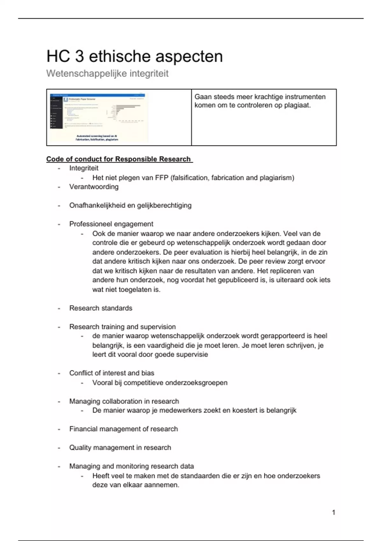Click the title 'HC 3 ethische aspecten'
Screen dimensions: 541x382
click(x=134, y=56)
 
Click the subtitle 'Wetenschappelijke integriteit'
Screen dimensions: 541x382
click(x=107, y=74)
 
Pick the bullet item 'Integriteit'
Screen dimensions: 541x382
click(x=84, y=168)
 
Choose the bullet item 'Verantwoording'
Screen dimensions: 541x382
click(x=94, y=187)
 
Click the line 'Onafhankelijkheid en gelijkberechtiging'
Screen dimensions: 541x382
click(x=130, y=206)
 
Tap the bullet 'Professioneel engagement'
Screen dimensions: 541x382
click(x=111, y=224)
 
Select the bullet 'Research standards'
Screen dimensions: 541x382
click(x=101, y=308)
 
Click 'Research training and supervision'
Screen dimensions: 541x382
click(x=122, y=327)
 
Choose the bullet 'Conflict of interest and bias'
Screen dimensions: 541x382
click(x=111, y=373)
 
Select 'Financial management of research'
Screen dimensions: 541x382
click(x=124, y=429)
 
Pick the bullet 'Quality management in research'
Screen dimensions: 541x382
click(x=120, y=448)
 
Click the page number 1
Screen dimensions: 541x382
click(x=333, y=512)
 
